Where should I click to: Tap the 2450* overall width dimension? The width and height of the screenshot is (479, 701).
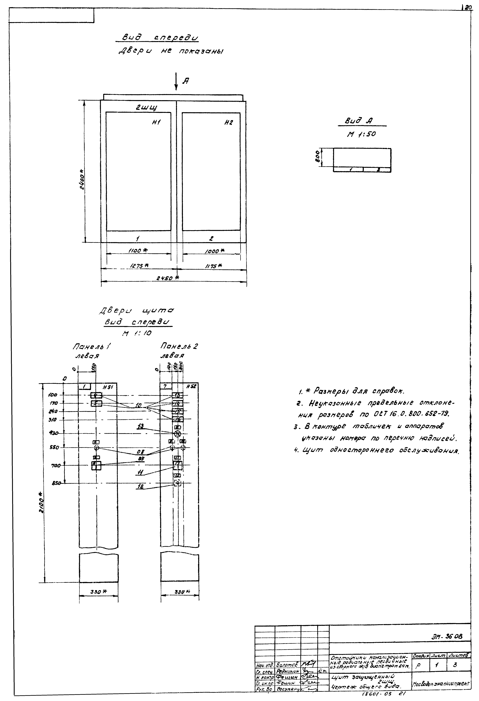[x=167, y=278]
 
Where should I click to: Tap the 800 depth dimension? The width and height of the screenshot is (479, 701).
[x=317, y=157]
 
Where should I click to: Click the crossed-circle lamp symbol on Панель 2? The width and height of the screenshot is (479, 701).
[x=178, y=434]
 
